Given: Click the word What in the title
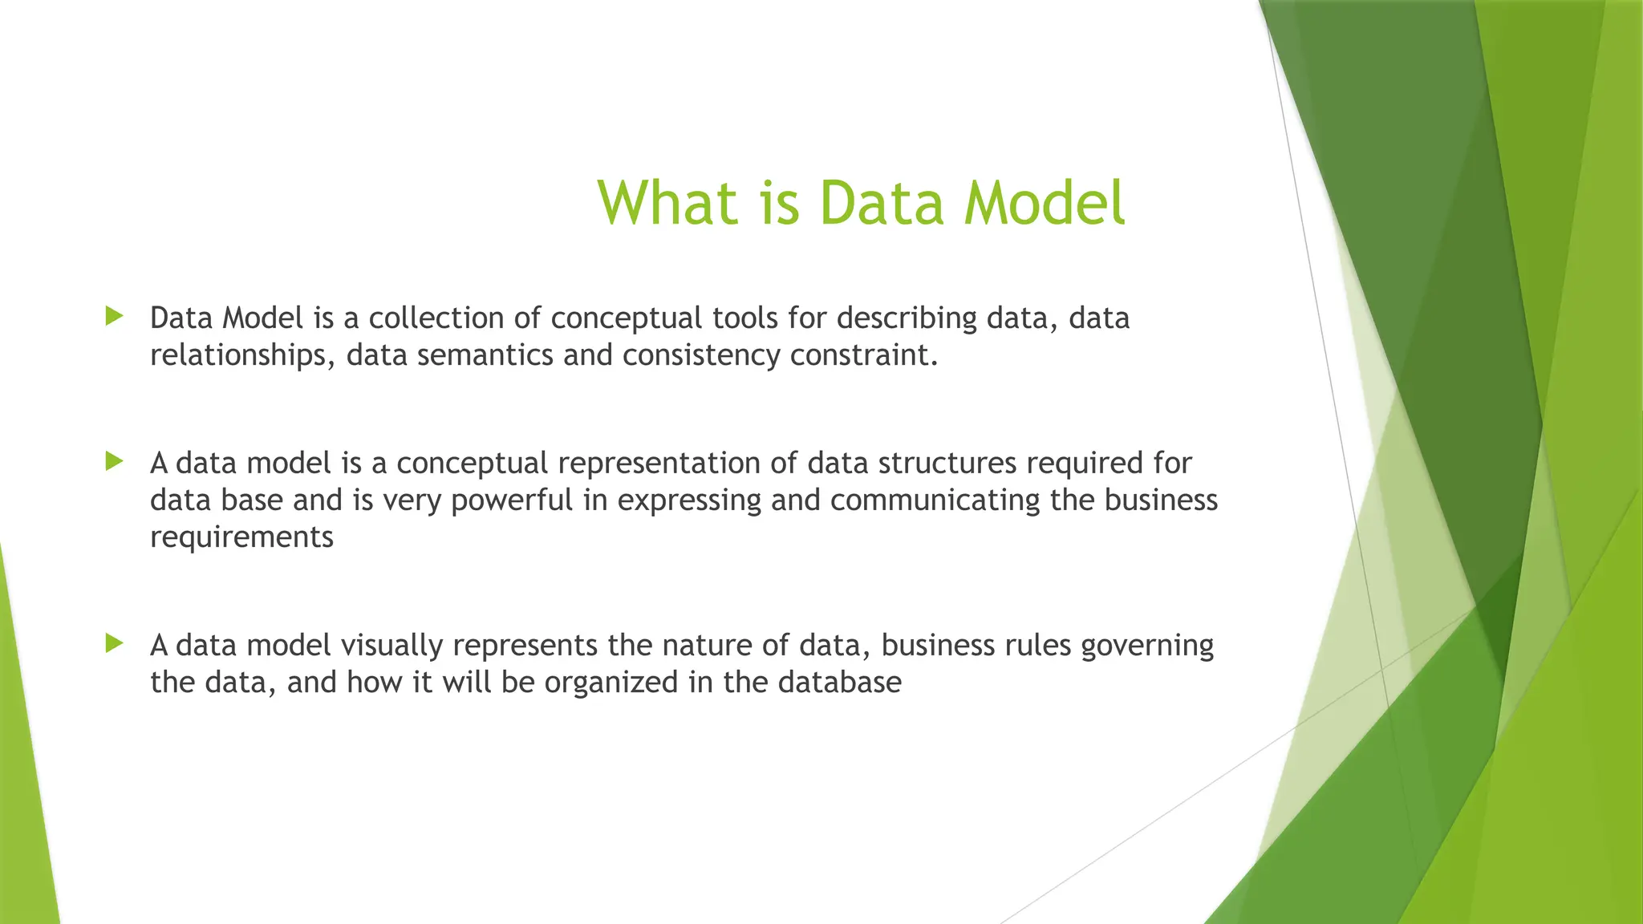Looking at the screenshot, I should (x=667, y=202).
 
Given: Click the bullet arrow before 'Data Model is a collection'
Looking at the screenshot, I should (x=115, y=316).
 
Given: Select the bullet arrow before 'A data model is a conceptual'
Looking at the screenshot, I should (x=115, y=461).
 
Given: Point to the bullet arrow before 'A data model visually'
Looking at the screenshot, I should (x=115, y=643).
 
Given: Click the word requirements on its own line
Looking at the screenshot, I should (x=241, y=537).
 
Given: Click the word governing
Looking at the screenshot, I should (x=1147, y=646).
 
